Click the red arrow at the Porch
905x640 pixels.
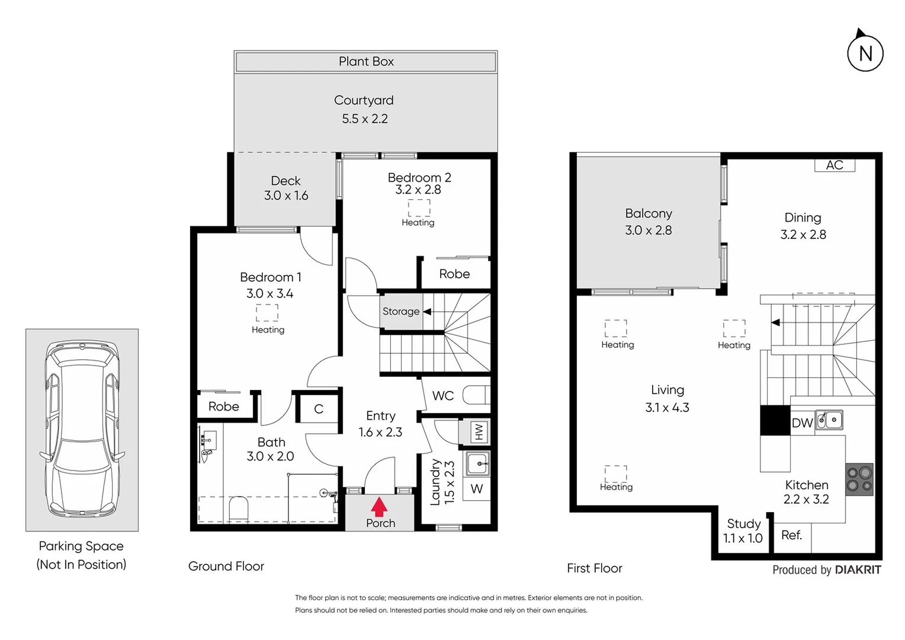[x=379, y=507]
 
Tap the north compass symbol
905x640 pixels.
[x=865, y=53]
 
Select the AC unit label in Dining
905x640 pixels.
[x=835, y=165]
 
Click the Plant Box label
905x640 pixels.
[x=366, y=62]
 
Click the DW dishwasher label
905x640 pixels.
[x=802, y=423]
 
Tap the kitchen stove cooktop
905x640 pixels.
[x=859, y=479]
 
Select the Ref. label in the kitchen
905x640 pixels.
[x=791, y=535]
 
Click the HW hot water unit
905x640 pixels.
[x=479, y=432]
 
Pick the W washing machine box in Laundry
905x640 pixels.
[x=477, y=489]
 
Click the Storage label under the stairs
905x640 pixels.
[x=401, y=311]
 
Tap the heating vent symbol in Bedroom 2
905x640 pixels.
[x=419, y=208]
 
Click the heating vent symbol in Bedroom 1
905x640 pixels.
[x=267, y=312]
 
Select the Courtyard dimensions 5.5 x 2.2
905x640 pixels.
[x=365, y=119]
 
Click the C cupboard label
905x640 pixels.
[x=319, y=409]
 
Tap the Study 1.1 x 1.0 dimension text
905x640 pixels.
[x=743, y=538]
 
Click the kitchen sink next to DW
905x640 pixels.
[x=830, y=420]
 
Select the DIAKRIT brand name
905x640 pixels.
[x=858, y=570]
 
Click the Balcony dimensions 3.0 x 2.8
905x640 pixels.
[x=649, y=230]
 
